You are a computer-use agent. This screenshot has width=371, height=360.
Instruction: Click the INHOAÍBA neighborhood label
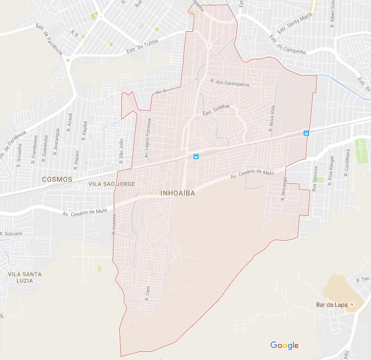point(178,194)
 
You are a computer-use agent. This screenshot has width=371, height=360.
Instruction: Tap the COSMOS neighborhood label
point(57,179)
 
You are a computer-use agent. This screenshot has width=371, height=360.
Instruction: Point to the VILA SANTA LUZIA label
point(25,277)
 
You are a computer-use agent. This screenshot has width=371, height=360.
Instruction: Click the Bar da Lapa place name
point(331,305)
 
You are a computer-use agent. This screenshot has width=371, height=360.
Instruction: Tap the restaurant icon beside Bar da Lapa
point(352,305)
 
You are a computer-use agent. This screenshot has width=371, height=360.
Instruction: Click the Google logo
point(284,345)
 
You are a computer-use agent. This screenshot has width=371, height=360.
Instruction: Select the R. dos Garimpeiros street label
point(230,83)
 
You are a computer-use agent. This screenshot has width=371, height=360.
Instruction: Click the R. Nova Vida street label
point(272,119)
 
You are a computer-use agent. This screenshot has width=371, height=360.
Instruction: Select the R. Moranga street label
point(284,189)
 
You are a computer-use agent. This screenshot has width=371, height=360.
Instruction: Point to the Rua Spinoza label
point(315,179)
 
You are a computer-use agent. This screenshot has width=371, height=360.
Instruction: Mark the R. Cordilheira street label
point(347,163)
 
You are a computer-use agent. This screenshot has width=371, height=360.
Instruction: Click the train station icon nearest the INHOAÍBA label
point(196,157)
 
